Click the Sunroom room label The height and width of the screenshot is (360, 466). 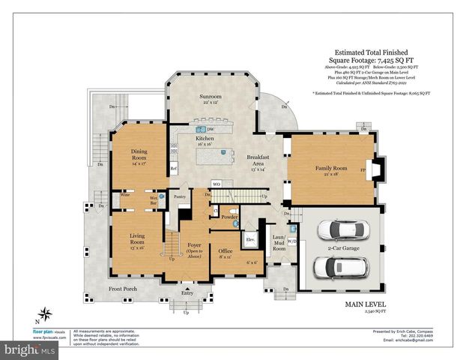pos(210,97)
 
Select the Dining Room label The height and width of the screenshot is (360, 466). pos(139,155)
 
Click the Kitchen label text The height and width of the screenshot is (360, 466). pos(205,139)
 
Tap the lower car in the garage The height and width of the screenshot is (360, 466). pos(336,265)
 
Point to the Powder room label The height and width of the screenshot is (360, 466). pos(229,217)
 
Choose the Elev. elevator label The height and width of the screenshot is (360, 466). pos(251,239)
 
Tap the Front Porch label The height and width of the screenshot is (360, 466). pos(123,289)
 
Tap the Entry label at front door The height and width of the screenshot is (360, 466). pos(187,293)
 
